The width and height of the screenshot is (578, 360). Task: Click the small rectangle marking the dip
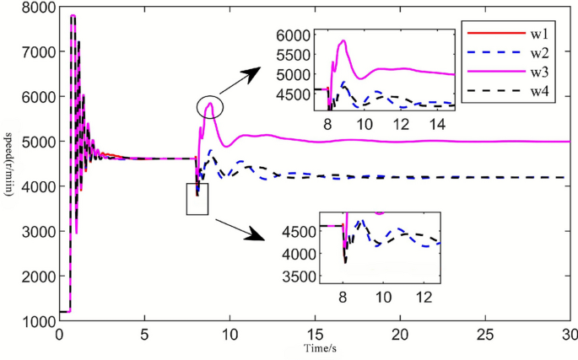click(197, 198)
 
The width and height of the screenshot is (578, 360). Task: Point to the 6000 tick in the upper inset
click(296, 35)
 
